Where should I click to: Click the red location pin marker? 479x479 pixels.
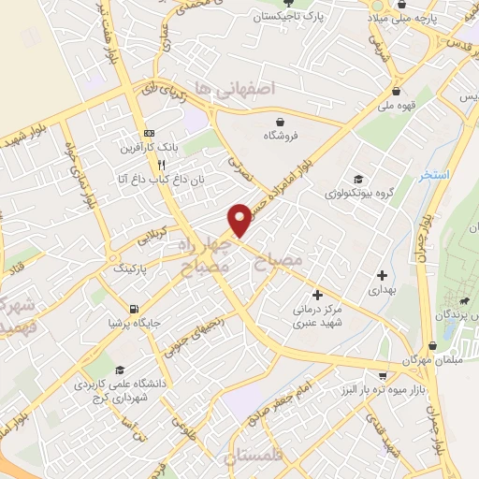pos(241,219)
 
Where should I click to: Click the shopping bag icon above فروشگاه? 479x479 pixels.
pos(280,121)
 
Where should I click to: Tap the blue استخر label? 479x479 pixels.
pos(436,175)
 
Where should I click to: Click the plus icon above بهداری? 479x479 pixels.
pos(382,275)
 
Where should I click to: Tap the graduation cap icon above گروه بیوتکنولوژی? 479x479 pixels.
pos(357,179)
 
